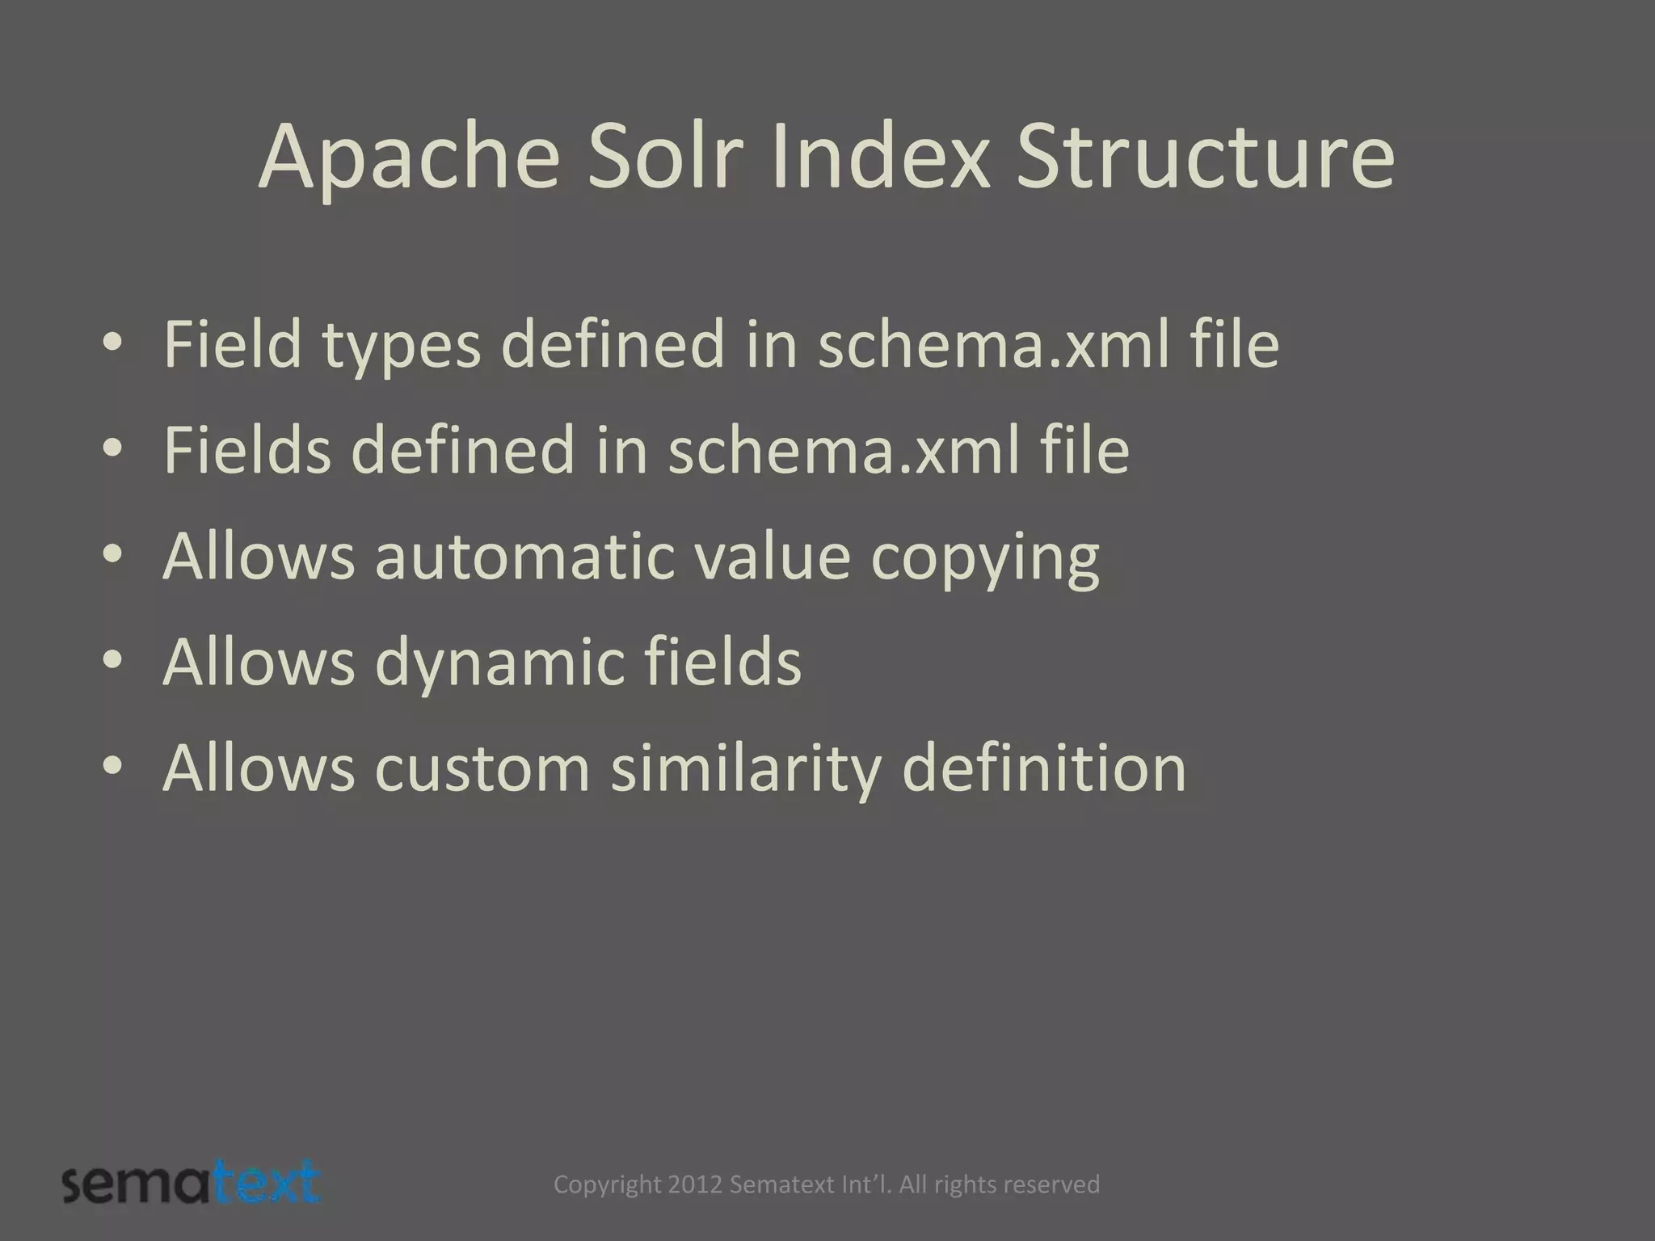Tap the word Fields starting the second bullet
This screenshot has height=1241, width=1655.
coord(247,450)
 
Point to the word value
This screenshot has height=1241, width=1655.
coord(771,557)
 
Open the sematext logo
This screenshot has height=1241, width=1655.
coord(192,1183)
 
